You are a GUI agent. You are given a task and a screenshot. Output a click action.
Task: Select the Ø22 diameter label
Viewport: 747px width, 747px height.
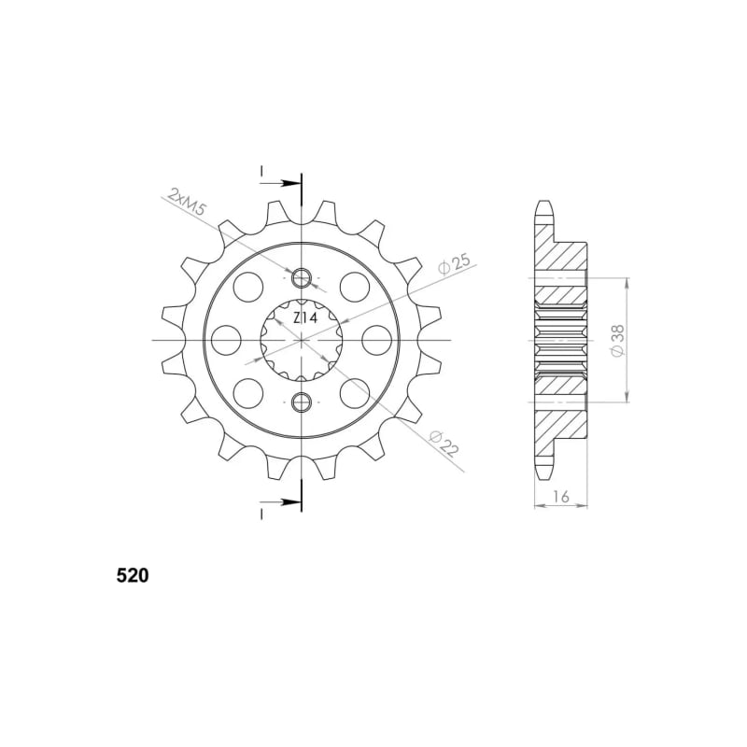pos(444,443)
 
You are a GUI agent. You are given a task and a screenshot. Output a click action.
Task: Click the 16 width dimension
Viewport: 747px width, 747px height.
pos(561,497)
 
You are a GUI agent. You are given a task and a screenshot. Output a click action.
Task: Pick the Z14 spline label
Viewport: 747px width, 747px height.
pos(305,317)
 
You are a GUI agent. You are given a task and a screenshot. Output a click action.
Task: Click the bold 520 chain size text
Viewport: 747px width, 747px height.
pos(133,575)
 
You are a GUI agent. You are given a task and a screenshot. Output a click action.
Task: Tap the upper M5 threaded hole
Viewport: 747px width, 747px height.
pos(301,278)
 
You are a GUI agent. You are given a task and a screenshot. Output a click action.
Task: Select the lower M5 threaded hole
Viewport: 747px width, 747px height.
pos(301,402)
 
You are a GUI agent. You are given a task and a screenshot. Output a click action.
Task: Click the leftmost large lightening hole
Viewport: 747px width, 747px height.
pos(226,340)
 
